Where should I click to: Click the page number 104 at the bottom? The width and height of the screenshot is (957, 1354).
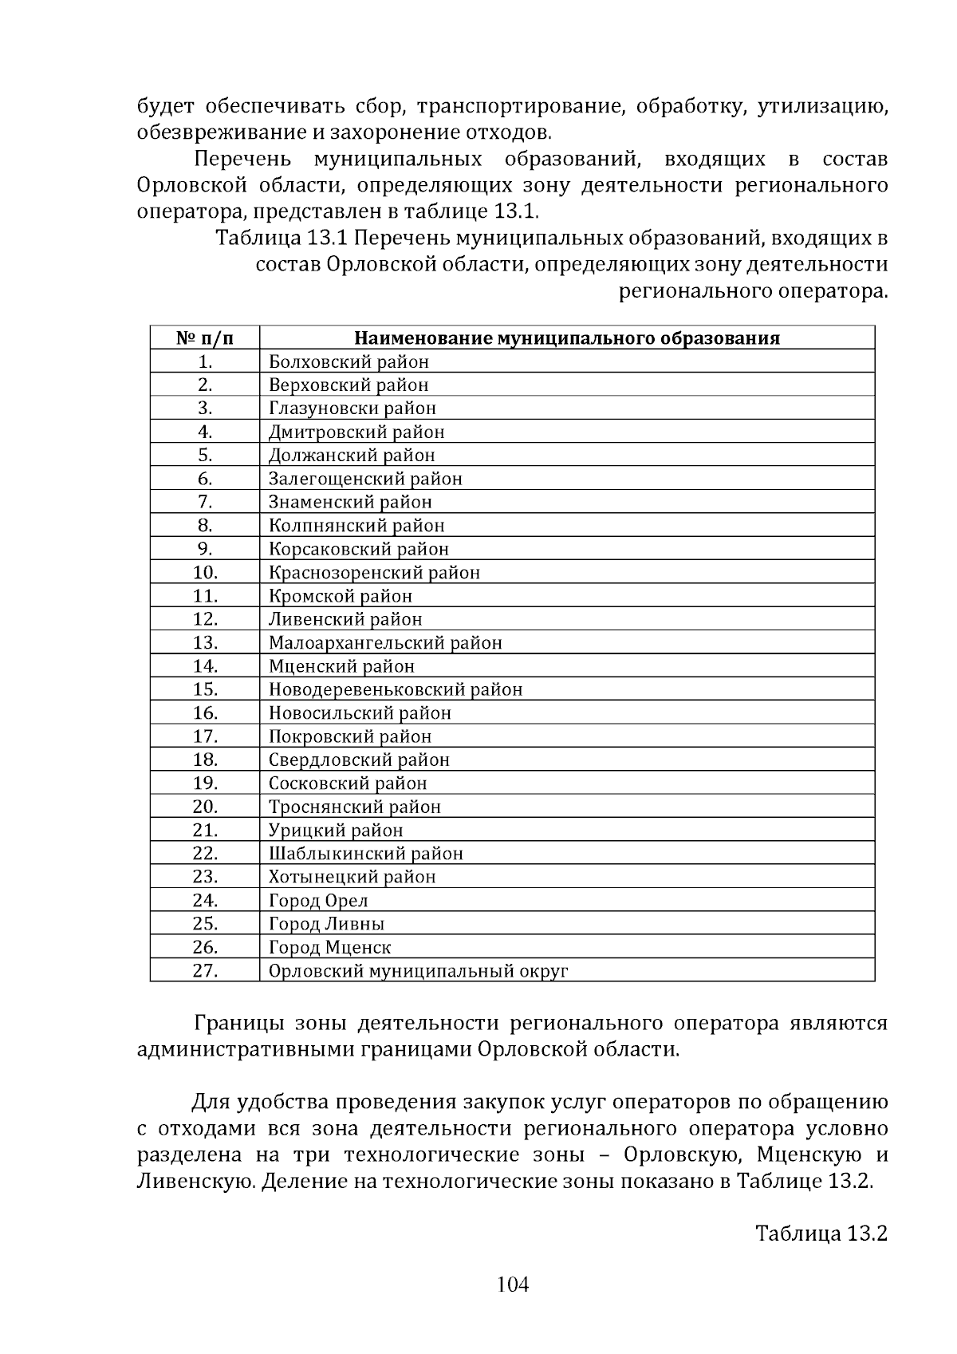coord(513,1285)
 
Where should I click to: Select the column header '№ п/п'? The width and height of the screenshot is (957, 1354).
coord(205,338)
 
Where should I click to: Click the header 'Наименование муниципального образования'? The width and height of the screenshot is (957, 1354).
coord(566,338)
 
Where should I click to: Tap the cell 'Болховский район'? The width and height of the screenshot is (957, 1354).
coord(349,362)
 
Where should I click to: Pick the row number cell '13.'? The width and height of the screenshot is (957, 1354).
coord(205,643)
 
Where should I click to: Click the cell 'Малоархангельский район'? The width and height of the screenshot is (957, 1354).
coord(385,643)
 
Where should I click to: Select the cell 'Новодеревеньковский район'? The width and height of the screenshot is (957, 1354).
coord(396,689)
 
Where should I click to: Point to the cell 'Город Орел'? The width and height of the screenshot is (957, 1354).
coord(318,901)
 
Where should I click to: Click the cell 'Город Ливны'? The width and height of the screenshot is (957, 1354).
coord(326,924)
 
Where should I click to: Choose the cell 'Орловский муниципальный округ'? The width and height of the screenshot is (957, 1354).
coord(418,971)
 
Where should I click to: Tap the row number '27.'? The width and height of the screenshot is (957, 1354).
coord(205,971)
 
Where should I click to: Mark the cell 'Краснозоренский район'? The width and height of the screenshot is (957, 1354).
coord(374,573)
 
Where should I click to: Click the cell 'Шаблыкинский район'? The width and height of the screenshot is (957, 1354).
coord(365,854)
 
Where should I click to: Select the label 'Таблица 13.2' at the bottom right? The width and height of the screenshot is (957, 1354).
coord(821,1234)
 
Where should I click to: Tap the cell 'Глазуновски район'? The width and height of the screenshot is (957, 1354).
coord(352,409)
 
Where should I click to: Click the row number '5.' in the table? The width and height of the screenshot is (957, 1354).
coord(205,456)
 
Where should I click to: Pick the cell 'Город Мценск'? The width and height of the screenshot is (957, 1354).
coord(329,948)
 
